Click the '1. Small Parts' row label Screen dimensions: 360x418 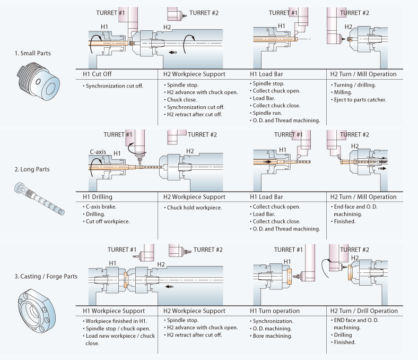(30, 54)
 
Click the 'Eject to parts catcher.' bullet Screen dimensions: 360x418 (360, 99)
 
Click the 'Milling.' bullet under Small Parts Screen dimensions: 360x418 (342, 92)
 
